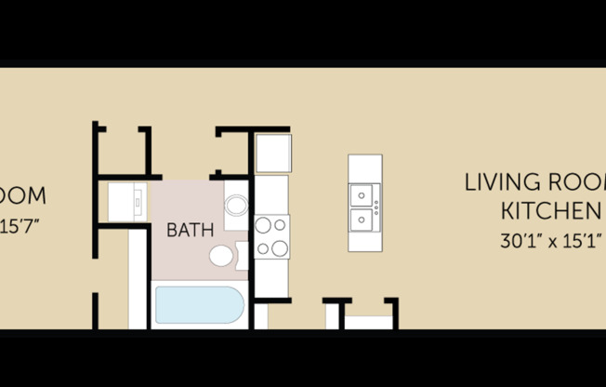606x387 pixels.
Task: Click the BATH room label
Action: pos(191,229)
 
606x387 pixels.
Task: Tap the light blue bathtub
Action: pos(199,306)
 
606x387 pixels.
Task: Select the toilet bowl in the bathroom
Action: pos(221,256)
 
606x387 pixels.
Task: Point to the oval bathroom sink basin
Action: pos(236,205)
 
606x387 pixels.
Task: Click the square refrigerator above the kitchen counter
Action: pos(272,153)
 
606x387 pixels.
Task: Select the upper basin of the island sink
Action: pos(360,194)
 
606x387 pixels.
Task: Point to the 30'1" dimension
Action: pos(519,241)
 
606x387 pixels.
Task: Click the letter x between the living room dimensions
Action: pos(551,242)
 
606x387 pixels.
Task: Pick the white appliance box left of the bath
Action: pos(126,201)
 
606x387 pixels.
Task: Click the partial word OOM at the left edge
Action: pos(22,196)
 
